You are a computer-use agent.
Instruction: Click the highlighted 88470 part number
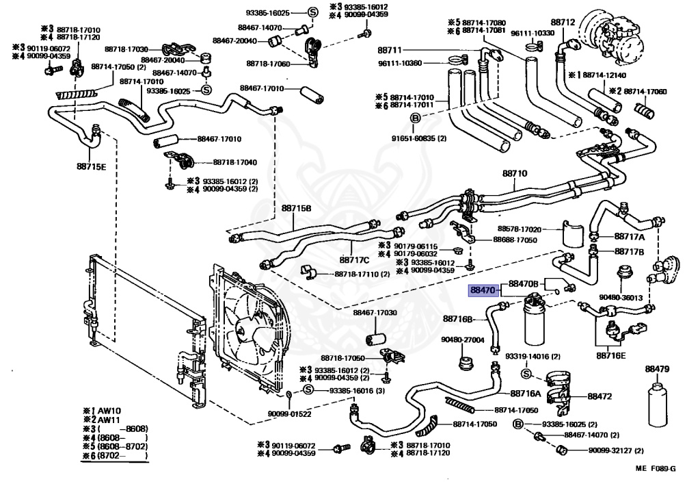483,290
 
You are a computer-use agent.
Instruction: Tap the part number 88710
515,173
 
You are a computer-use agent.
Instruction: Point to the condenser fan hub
245,332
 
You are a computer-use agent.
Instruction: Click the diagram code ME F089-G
656,468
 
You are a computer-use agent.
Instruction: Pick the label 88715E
91,167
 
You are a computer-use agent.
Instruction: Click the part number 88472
600,396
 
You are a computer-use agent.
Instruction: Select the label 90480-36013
621,298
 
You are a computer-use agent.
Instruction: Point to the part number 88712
563,23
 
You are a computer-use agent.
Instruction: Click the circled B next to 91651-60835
415,118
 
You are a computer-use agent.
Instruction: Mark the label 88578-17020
520,229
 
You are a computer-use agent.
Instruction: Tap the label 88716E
610,356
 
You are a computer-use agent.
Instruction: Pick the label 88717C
354,260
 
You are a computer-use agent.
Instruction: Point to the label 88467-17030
375,313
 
